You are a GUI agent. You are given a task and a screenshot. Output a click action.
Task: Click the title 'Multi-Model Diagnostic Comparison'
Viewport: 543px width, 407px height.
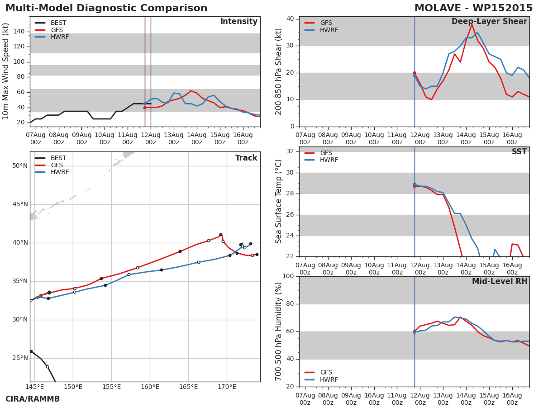click(x=106, y=8)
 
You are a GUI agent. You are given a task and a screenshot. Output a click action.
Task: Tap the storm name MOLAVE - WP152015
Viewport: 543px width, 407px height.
click(x=473, y=8)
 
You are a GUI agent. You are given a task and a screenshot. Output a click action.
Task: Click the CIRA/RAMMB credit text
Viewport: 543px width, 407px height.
click(x=33, y=399)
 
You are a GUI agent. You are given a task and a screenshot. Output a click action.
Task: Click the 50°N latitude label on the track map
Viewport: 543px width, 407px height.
click(x=20, y=166)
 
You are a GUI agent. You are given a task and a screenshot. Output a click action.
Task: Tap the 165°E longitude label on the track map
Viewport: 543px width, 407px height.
click(x=189, y=387)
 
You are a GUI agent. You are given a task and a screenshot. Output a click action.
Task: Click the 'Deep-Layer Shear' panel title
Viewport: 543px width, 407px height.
click(x=489, y=22)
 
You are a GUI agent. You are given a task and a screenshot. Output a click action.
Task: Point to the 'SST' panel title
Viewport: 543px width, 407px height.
click(x=519, y=151)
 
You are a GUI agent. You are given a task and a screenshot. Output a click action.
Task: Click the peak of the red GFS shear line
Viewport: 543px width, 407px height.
click(x=472, y=24)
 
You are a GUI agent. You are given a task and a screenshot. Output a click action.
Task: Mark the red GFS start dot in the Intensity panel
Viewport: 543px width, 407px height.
click(x=145, y=108)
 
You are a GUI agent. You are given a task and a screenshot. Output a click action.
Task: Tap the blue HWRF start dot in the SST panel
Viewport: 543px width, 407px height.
click(x=414, y=185)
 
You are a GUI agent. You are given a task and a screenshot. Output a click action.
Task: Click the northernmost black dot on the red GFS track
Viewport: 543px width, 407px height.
click(x=221, y=235)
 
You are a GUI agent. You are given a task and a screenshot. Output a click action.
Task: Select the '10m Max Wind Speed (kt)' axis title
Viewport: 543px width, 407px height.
click(x=5, y=71)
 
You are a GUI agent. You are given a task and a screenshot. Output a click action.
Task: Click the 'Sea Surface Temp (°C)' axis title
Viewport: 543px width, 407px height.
click(x=278, y=202)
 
